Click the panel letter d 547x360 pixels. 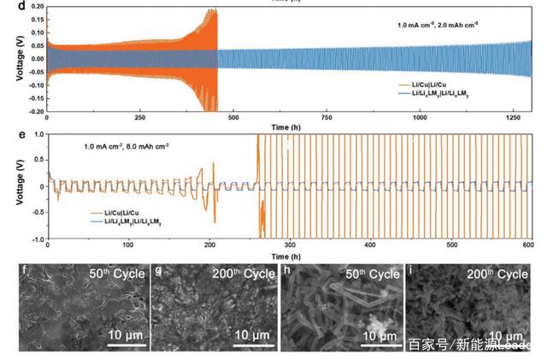(x=21, y=5)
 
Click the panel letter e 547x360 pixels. (x=21, y=135)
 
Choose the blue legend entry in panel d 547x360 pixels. (x=445, y=93)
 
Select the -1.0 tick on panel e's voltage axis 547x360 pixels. (x=37, y=238)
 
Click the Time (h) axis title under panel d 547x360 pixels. (x=285, y=126)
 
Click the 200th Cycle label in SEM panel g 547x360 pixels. (x=244, y=274)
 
